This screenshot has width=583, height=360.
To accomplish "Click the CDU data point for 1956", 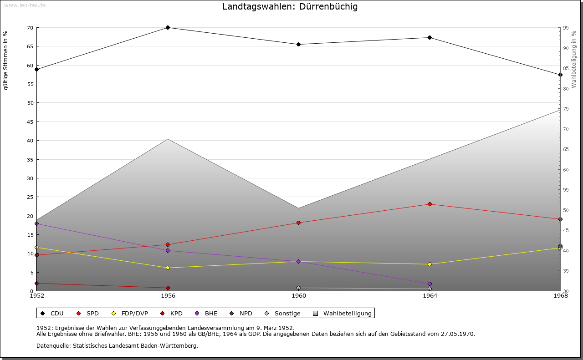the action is coord(168,28).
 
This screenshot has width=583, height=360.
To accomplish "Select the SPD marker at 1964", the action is coord(430,204).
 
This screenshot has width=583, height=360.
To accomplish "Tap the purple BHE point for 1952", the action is coord(37,224).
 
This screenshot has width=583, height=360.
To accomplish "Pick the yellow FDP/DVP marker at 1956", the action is coord(168,268).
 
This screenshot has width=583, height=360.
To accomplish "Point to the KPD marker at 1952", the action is coord(37,283).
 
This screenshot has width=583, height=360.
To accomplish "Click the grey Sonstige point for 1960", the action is coord(298,288).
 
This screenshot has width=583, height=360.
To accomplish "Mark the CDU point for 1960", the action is coord(298,45).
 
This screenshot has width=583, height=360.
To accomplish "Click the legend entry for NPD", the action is coord(241,314).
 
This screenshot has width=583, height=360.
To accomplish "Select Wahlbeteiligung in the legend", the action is coord(342,314).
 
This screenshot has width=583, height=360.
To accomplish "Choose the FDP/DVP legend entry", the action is coord(130,314).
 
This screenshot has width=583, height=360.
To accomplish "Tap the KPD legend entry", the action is coord(171,314).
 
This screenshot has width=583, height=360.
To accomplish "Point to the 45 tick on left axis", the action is coord(31,122).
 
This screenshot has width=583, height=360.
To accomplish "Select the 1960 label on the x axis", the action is coord(299,296).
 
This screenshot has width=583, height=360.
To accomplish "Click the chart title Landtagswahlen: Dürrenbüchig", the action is coord(290,6).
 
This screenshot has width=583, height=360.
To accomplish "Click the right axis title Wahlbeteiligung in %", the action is coord(574,60).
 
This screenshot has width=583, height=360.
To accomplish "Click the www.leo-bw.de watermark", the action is coord(25,5).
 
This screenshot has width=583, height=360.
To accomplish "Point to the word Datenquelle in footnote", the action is coord(53,346).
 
